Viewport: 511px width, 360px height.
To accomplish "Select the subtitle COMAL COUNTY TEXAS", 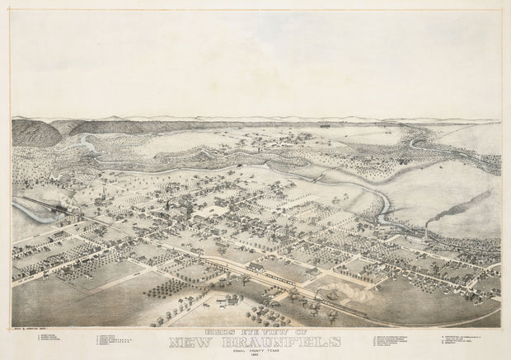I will (255, 351).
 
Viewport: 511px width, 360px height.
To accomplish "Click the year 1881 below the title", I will (255, 356).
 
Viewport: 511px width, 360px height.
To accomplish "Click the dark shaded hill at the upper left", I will (37, 132).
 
